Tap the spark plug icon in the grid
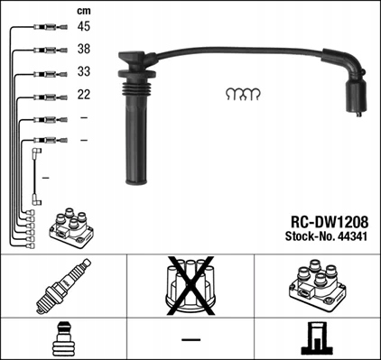tap(60, 286)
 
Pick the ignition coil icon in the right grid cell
tap(317, 286)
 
